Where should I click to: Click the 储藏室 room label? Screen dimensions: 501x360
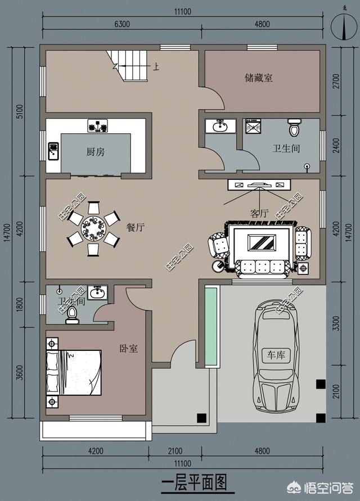pos(259,78)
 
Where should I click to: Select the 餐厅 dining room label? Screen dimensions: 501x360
pos(136,227)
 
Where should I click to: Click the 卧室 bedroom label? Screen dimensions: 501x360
pos(129,349)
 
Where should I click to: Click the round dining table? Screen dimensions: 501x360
pos(93,229)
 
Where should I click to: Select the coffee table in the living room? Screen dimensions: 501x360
pos(262,242)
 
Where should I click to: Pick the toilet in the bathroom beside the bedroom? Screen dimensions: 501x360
pos(71,315)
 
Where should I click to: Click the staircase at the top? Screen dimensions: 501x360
pos(128,65)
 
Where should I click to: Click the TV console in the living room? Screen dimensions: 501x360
pos(259,184)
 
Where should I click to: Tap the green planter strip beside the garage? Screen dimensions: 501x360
pos(211,326)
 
